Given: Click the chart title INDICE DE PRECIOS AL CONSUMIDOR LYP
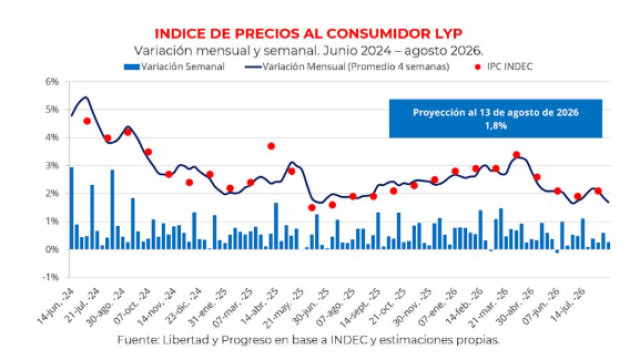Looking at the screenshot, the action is point(308,34).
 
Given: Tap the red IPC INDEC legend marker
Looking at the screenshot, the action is point(478,67).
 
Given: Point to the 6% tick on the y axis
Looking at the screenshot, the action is point(51,82).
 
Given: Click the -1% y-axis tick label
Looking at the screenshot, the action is point(51,277).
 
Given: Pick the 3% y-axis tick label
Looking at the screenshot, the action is point(51,166).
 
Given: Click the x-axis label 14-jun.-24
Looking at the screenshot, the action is point(56,306).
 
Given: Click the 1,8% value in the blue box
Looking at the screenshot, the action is point(496,125).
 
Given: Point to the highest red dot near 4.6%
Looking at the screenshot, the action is point(87,121).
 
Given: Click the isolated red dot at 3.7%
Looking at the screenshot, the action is point(271,146).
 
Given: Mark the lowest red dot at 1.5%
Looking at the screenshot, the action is point(312,208).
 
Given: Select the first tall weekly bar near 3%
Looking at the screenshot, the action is point(72,208).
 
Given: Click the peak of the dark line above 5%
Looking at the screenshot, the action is point(85,97).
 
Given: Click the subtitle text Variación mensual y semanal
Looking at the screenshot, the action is point(226,51).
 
